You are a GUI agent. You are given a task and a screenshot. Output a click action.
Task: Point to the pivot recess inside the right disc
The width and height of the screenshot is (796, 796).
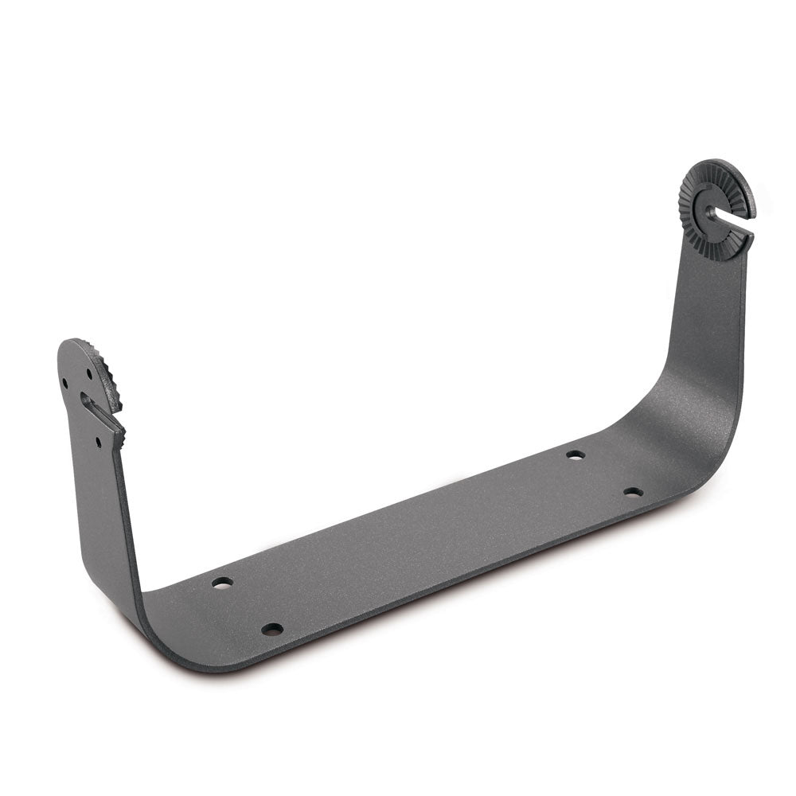click(710, 213)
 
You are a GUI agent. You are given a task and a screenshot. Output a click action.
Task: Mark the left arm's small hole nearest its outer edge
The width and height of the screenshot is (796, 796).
click(65, 383)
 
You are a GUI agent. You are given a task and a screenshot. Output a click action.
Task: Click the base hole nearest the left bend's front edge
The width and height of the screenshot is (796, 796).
click(272, 629)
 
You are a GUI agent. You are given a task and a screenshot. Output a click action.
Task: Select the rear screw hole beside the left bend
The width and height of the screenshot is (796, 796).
click(223, 583)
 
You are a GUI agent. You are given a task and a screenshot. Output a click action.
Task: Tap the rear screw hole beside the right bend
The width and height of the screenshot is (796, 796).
click(576, 455)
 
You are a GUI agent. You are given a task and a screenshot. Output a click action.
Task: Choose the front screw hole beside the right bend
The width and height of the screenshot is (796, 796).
click(634, 492)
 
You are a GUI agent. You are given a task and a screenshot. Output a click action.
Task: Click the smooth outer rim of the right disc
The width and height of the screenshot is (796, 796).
click(743, 183)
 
